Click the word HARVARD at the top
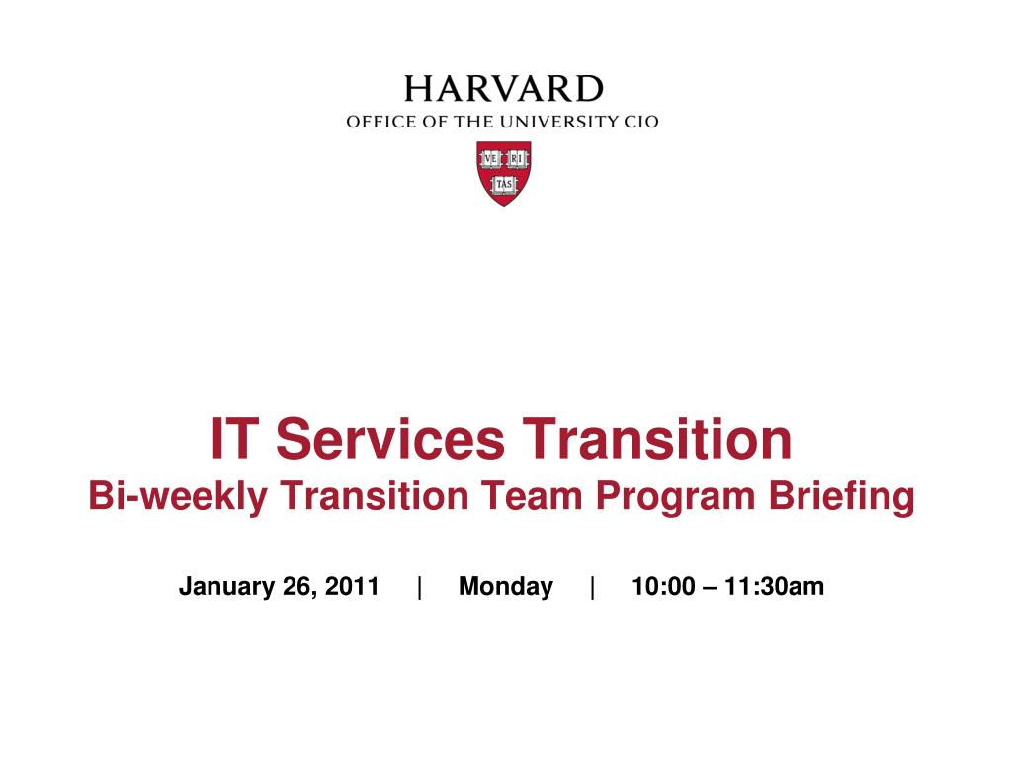pyautogui.click(x=503, y=89)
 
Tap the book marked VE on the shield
pyautogui.click(x=490, y=159)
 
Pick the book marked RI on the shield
pyautogui.click(x=517, y=159)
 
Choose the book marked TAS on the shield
pyautogui.click(x=503, y=184)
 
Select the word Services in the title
pyautogui.click(x=390, y=439)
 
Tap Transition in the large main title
pyautogui.click(x=657, y=439)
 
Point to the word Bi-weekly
pyautogui.click(x=178, y=497)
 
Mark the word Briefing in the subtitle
pyautogui.click(x=841, y=497)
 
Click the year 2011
pyautogui.click(x=352, y=586)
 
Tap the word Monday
pyautogui.click(x=506, y=587)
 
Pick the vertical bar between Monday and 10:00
pyautogui.click(x=593, y=587)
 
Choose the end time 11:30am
pyautogui.click(x=775, y=586)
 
